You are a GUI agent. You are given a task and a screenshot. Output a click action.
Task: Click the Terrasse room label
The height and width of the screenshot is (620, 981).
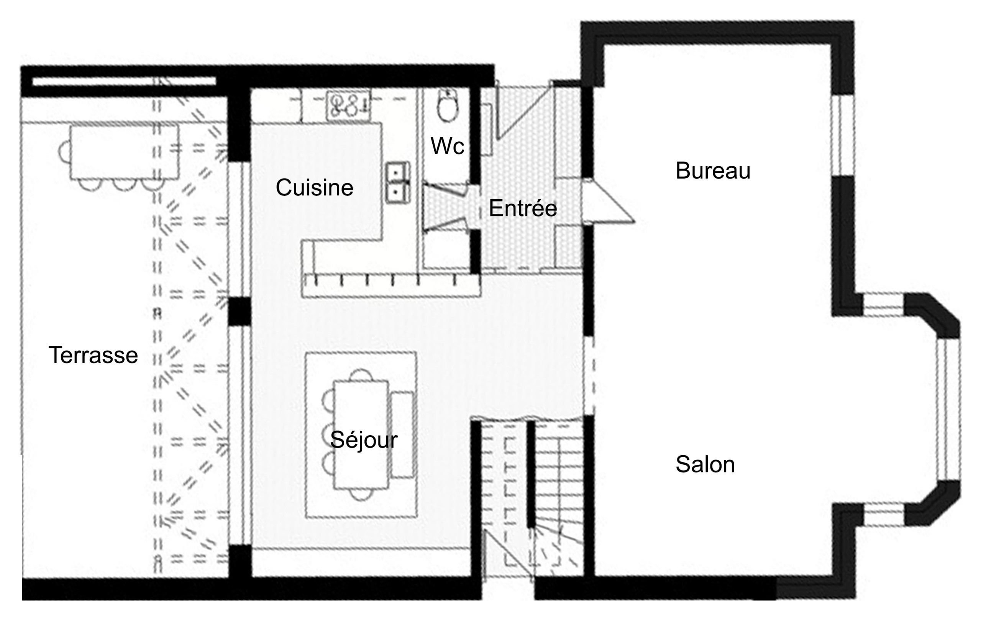(93, 355)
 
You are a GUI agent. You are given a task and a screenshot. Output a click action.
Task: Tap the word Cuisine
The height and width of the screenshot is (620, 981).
(315, 187)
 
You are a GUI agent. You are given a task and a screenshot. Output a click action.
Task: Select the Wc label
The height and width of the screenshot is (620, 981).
(447, 146)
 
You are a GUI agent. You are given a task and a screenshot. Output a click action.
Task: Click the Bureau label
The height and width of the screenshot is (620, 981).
(713, 170)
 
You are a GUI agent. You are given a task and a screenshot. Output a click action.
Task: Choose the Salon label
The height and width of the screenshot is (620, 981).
(705, 464)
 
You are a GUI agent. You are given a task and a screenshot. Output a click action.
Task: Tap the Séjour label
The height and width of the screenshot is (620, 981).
(364, 440)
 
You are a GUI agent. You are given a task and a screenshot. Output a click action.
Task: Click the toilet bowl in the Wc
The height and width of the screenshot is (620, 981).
(448, 105)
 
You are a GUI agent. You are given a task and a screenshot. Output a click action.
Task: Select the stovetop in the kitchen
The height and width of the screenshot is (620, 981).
(348, 105)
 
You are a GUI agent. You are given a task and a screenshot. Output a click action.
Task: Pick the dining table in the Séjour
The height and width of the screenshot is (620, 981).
(361, 435)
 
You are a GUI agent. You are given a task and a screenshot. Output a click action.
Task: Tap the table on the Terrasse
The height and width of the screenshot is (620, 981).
(124, 153)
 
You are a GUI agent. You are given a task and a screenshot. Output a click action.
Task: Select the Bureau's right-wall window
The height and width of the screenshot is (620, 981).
(843, 135)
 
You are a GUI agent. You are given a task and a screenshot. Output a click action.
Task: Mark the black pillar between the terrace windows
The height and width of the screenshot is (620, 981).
(239, 311)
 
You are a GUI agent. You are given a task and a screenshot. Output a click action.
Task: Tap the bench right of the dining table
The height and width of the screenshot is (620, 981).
(402, 434)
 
